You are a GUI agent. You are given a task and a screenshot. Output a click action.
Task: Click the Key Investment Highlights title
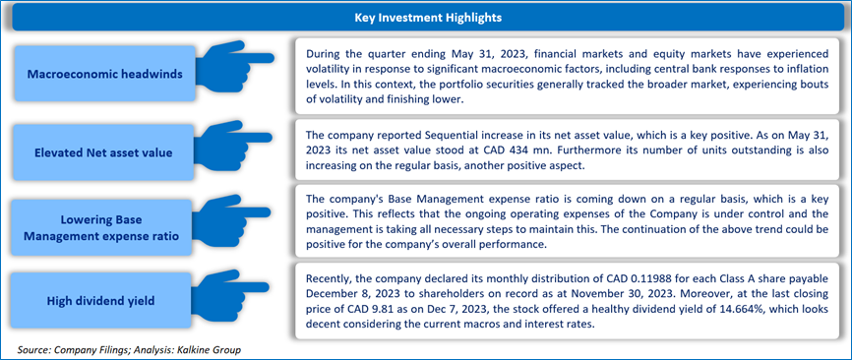(428, 18)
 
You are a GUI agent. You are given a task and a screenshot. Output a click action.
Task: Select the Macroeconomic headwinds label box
(104, 74)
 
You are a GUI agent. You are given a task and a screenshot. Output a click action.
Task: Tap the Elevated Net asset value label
(104, 152)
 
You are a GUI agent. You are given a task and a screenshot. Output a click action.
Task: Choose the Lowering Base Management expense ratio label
(104, 228)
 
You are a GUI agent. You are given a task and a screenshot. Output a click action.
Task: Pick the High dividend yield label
(104, 301)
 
